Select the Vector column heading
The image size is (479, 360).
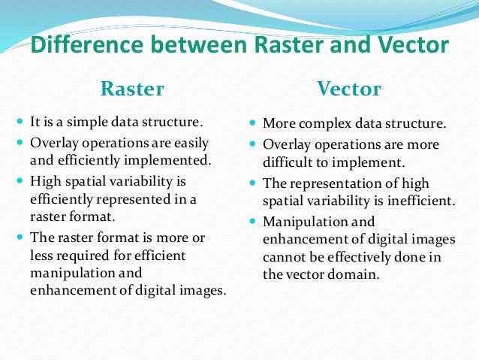pos(350,89)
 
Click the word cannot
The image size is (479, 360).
pos(286,258)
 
